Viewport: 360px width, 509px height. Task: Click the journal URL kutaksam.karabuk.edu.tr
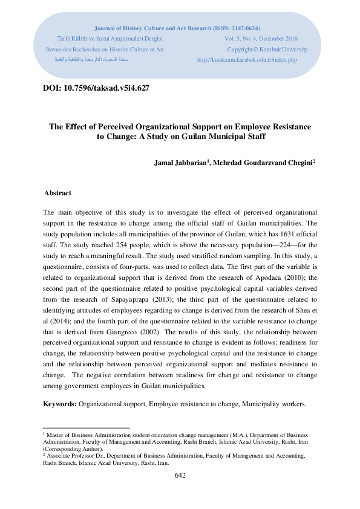247,60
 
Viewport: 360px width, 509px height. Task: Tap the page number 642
180,475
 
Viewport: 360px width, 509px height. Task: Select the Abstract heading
57,193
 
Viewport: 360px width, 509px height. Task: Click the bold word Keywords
59,403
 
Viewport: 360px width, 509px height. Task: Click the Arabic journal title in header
91,60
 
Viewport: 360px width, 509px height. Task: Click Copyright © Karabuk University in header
267,49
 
